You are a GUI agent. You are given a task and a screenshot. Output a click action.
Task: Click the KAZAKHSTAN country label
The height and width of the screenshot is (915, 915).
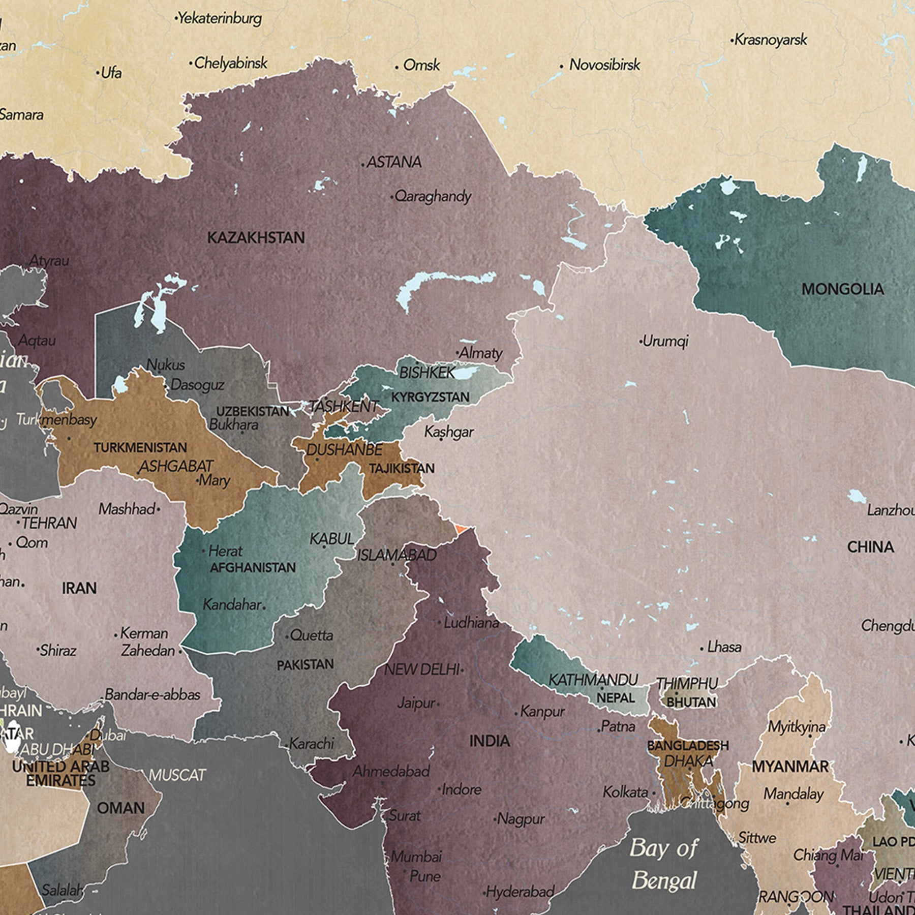click(256, 237)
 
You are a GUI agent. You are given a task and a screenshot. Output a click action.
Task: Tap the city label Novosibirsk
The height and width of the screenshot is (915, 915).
click(604, 65)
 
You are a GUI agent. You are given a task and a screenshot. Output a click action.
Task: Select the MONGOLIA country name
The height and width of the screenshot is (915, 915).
click(842, 289)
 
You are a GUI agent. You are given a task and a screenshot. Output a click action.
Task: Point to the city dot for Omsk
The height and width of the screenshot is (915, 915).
click(397, 67)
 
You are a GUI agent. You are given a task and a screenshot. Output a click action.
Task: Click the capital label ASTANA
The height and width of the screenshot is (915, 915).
click(394, 162)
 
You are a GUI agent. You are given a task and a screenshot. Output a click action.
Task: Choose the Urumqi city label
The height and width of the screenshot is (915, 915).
click(665, 341)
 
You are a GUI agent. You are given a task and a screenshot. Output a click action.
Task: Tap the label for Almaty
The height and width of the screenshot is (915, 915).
click(481, 353)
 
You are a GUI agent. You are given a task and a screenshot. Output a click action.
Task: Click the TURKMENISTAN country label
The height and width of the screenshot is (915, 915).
click(140, 448)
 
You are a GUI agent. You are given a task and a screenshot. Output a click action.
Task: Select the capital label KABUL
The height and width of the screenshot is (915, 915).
click(332, 538)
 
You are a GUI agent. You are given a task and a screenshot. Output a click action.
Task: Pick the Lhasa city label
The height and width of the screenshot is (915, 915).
click(724, 647)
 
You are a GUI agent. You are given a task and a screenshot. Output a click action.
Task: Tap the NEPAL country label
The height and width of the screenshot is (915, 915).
click(615, 697)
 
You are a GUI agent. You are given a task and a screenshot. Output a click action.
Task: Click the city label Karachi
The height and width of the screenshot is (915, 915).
click(312, 744)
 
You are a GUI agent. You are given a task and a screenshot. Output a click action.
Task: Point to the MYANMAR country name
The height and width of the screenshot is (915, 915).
click(790, 766)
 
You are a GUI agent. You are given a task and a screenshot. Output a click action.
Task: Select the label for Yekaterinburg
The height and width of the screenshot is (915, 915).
click(220, 19)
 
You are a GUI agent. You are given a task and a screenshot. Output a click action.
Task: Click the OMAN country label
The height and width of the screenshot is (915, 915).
click(121, 808)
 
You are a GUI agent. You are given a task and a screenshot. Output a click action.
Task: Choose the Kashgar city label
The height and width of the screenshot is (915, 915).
click(449, 432)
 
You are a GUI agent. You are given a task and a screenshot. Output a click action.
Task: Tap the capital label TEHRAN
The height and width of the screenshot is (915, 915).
click(49, 523)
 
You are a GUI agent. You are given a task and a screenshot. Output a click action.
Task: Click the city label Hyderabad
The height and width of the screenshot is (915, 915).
click(520, 892)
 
